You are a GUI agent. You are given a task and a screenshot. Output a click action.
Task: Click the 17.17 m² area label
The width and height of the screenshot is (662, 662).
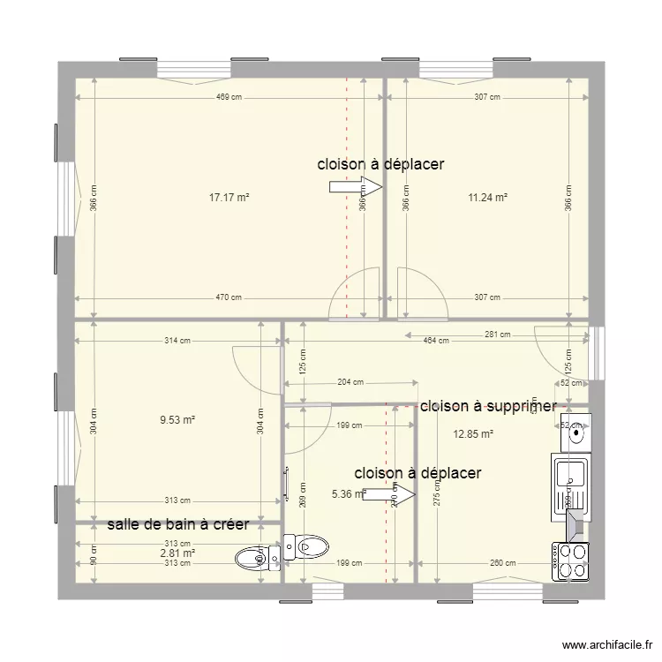[229, 198]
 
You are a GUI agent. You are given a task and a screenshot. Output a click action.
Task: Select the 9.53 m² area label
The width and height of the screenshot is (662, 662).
[177, 420]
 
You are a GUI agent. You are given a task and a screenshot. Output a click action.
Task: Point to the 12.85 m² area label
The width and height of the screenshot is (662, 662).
[472, 433]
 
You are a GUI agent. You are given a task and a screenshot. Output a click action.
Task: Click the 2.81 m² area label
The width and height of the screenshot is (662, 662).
[177, 553]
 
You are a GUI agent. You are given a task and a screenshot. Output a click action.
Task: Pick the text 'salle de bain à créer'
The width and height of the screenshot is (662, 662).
[177, 524]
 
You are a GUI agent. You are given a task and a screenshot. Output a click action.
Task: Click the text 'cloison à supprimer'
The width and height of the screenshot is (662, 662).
[488, 406]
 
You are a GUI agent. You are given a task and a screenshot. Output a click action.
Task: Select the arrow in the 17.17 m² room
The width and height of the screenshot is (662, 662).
[355, 186]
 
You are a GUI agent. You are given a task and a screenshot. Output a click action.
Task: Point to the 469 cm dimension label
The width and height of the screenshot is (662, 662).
[229, 97]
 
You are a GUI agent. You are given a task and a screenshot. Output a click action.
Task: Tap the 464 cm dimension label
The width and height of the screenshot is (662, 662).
[436, 341]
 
